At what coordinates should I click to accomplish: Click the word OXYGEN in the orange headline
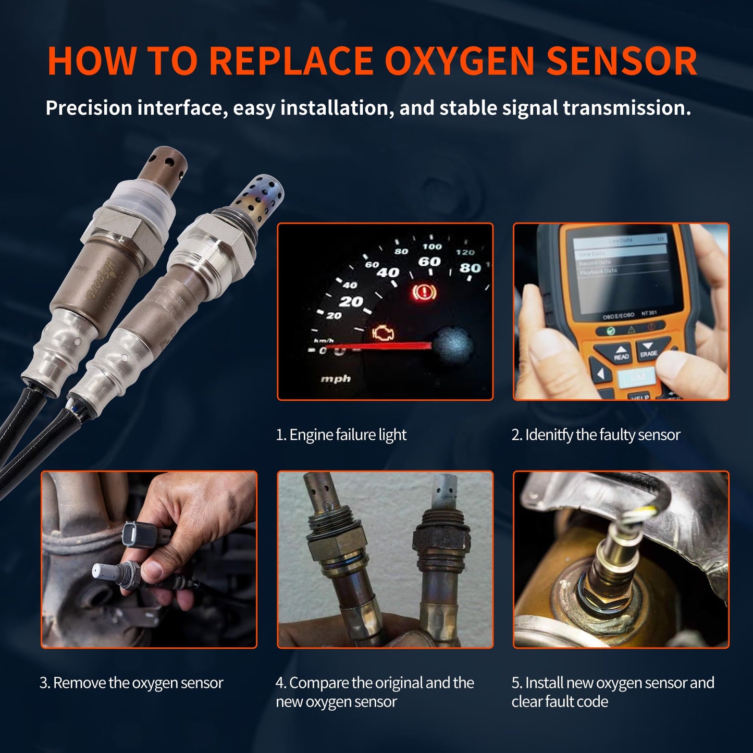(x=459, y=61)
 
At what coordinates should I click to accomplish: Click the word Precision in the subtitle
(x=89, y=108)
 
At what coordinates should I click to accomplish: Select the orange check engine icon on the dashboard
(x=383, y=334)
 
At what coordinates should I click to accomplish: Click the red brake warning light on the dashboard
(x=423, y=292)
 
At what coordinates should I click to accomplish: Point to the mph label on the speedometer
(x=335, y=379)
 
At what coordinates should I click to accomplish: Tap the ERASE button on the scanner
(x=649, y=350)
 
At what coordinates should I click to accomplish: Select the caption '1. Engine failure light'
(x=341, y=435)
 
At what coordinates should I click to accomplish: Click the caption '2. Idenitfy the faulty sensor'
(x=596, y=435)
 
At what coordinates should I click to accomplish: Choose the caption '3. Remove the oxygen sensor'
(x=131, y=683)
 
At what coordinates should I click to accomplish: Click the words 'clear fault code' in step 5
(x=560, y=701)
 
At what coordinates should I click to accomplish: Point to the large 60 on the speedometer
(x=429, y=262)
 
